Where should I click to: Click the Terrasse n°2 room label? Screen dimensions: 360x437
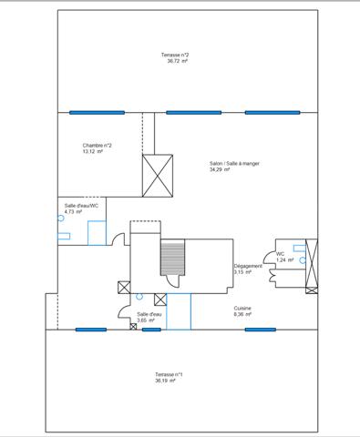tap(175, 55)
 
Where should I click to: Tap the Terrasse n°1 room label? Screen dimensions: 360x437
tap(169, 374)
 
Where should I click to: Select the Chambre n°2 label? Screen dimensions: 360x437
tap(97, 146)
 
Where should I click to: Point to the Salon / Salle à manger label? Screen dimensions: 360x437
tap(234, 164)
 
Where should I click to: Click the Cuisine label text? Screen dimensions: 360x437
tap(242, 309)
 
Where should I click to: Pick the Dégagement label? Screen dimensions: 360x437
tap(248, 266)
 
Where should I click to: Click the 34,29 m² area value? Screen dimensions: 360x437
tap(220, 169)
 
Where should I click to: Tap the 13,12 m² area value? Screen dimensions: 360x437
tap(93, 151)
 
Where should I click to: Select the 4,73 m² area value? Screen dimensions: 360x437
tap(73, 211)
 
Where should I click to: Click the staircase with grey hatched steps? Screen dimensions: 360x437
tap(172, 258)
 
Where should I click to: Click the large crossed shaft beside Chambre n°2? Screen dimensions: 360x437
tap(158, 176)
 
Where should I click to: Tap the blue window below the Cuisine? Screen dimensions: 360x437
tap(261, 330)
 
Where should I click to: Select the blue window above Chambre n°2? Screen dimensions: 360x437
tap(97, 113)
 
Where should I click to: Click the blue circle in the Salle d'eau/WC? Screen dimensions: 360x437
tap(61, 218)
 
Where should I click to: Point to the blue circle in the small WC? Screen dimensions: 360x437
tap(303, 260)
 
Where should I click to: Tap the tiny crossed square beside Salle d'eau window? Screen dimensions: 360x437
tap(133, 327)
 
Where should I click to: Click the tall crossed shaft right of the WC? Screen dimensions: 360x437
tap(312, 263)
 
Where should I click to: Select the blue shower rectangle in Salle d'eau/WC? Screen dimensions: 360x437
tap(97, 233)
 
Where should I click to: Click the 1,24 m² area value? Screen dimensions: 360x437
tap(285, 260)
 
